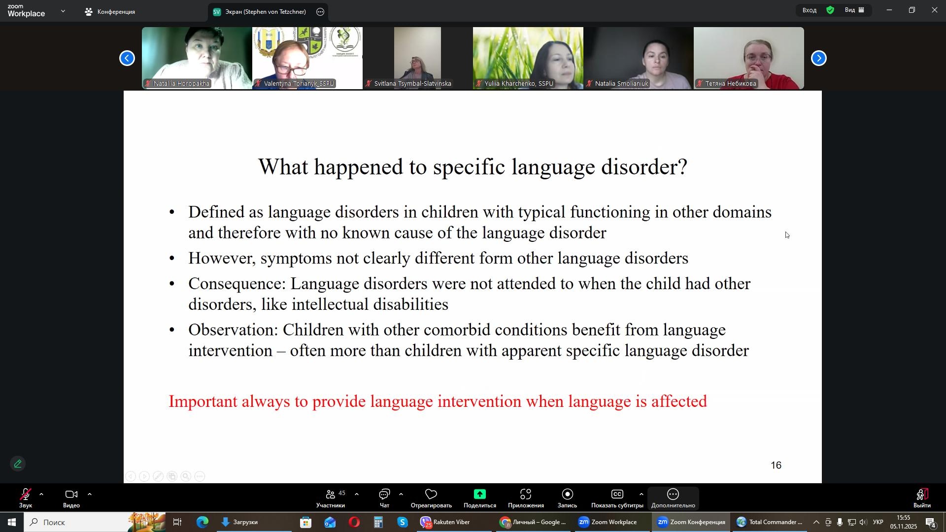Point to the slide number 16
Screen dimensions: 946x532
tap(776, 465)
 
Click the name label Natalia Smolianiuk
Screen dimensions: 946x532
tap(622, 84)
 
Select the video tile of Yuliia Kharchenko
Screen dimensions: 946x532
tap(528, 58)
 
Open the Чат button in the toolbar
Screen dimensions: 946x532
tap(384, 498)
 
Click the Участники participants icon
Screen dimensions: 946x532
tap(331, 494)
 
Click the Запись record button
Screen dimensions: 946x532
tap(567, 498)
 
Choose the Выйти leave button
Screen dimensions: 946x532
tap(922, 498)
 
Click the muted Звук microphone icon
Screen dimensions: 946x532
tap(26, 495)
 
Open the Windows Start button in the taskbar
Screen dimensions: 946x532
tap(11, 522)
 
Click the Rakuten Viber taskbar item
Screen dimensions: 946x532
tap(445, 522)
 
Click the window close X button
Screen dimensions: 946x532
tap(935, 10)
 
